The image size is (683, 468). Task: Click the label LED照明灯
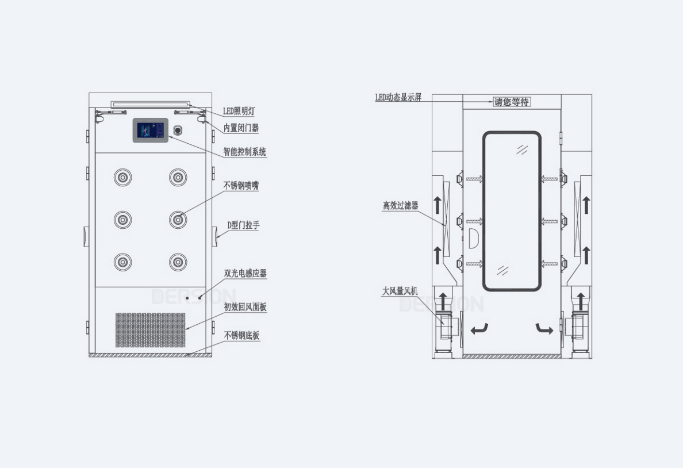click(x=239, y=111)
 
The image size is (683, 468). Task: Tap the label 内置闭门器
click(x=241, y=128)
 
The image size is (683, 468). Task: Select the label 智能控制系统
click(x=245, y=152)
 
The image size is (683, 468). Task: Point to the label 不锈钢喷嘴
click(x=241, y=186)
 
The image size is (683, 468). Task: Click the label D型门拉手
click(x=244, y=225)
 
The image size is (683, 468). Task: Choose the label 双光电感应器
click(x=245, y=273)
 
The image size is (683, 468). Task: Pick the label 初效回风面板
click(x=245, y=307)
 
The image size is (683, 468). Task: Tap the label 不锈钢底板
click(x=241, y=336)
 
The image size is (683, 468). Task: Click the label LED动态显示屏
click(x=398, y=98)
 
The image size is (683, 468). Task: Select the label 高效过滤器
click(x=401, y=205)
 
